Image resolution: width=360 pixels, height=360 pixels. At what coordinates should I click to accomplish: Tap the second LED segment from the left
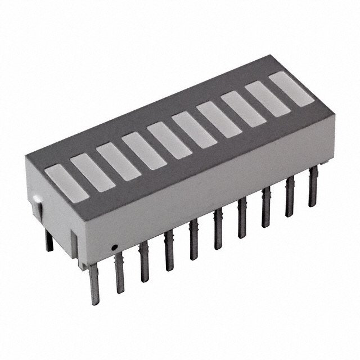pyautogui.click(x=92, y=171)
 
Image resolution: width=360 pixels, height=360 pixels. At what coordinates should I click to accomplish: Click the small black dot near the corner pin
pyautogui.click(x=114, y=247)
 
